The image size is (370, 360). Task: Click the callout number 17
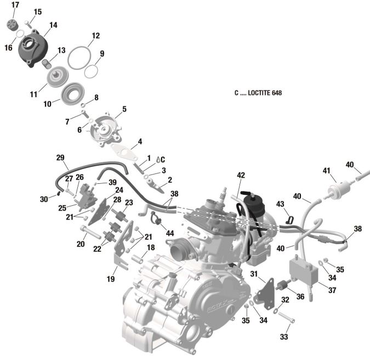click(x=15, y=5)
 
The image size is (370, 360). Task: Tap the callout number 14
click(x=53, y=25)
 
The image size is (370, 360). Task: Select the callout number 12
click(x=95, y=36)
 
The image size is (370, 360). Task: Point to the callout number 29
click(x=60, y=158)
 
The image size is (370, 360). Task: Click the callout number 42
click(x=241, y=175)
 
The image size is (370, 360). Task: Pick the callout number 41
click(x=327, y=171)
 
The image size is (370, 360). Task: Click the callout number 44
click(x=170, y=234)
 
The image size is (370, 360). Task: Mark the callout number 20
click(x=81, y=244)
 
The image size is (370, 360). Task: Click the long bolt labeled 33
click(x=287, y=318)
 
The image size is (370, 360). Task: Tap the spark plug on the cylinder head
click(x=223, y=194)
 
